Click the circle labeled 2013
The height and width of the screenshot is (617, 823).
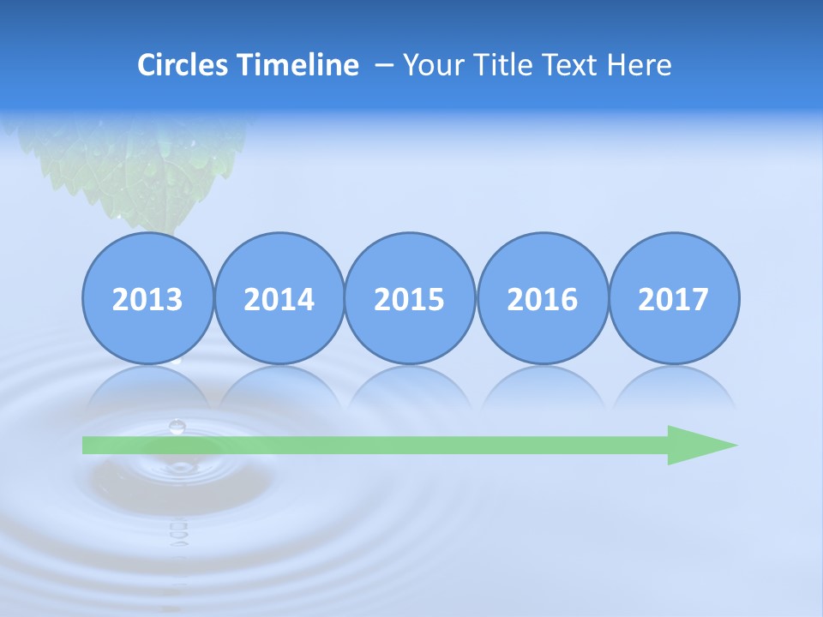[147, 298]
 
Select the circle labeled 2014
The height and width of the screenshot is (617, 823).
[279, 298]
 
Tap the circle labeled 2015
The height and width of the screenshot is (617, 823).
[410, 298]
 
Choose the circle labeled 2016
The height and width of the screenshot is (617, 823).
[543, 298]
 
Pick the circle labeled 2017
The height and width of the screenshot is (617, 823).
[674, 298]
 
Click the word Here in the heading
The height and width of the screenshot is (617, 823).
[640, 65]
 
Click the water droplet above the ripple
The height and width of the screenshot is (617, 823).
[177, 426]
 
